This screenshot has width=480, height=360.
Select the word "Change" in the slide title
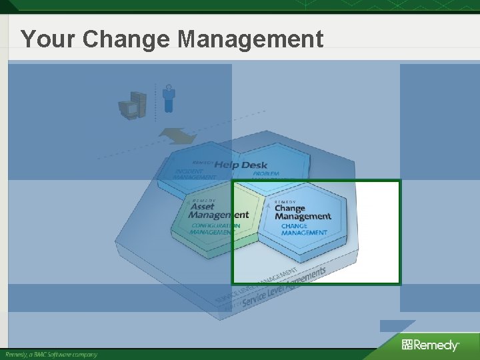(127, 39)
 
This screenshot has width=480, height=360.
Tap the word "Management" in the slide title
(250, 39)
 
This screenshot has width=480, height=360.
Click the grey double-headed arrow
(178, 136)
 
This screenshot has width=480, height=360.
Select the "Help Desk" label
(241, 165)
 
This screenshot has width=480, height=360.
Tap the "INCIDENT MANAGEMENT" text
(195, 174)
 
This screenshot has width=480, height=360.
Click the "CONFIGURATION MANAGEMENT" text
(215, 229)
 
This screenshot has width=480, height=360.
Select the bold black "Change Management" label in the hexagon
(302, 212)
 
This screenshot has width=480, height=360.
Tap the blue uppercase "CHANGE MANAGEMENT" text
(303, 229)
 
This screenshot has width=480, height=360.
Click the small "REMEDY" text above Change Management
(285, 201)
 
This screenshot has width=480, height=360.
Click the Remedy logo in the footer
(430, 345)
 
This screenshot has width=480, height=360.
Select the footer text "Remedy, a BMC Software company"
(52, 355)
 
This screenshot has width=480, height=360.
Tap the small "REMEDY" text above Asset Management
(203, 201)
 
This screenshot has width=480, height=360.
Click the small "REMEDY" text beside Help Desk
(203, 163)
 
